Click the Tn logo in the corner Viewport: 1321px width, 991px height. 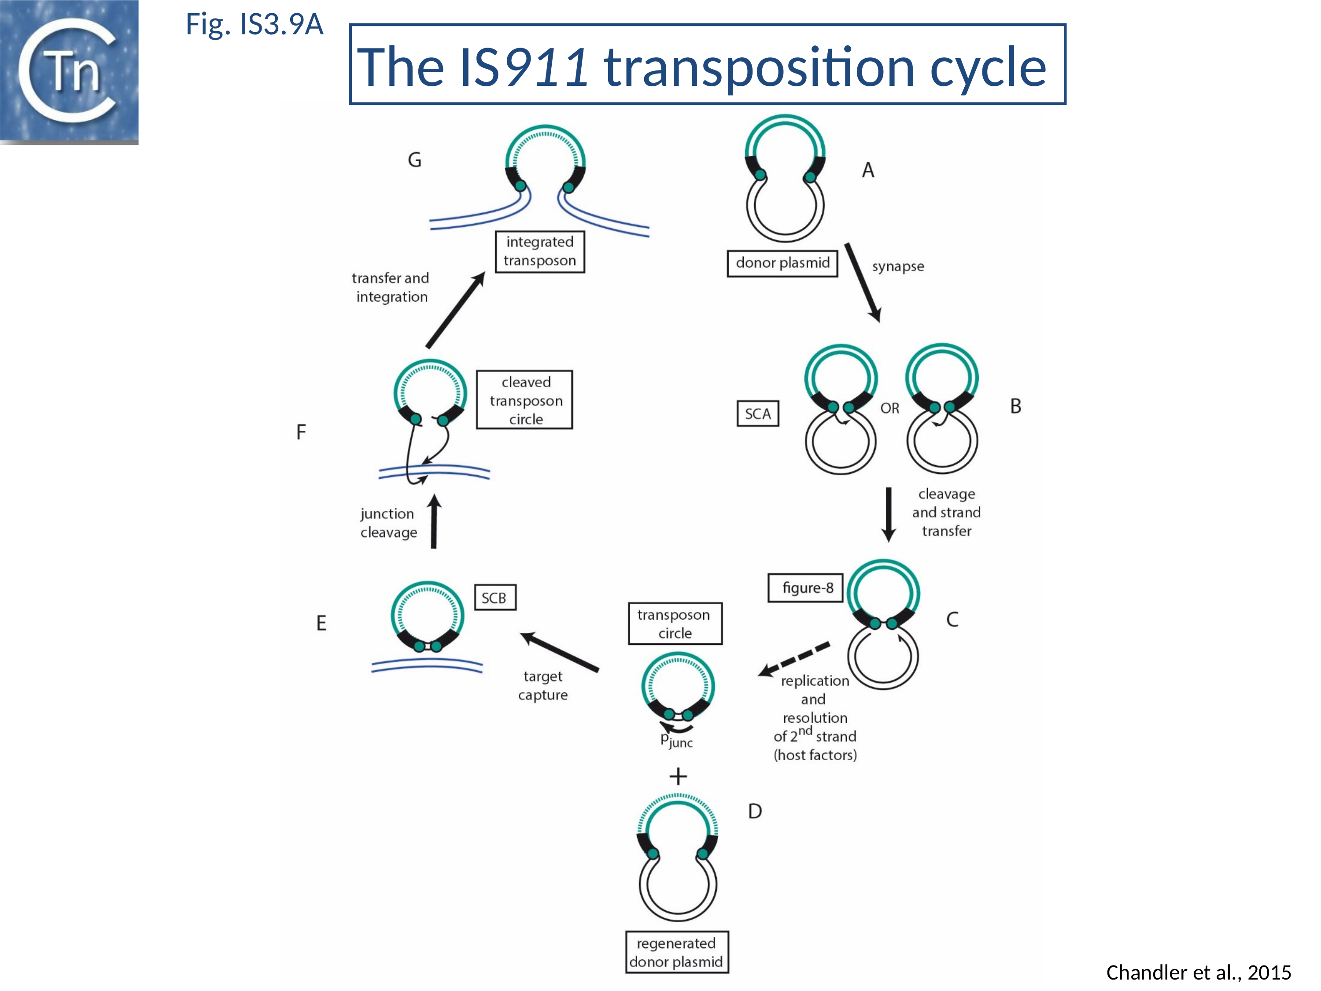69,72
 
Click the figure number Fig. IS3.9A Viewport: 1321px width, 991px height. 255,25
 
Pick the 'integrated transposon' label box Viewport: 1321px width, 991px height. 539,251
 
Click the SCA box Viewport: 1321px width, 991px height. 757,414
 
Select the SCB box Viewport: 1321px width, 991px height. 494,597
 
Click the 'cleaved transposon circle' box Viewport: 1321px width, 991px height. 524,399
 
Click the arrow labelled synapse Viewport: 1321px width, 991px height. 862,282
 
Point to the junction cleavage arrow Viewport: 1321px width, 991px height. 435,521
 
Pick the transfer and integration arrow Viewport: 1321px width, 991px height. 455,310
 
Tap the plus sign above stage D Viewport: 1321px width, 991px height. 678,776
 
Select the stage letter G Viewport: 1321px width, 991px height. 414,160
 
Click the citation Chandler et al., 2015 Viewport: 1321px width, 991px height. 1198,973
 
